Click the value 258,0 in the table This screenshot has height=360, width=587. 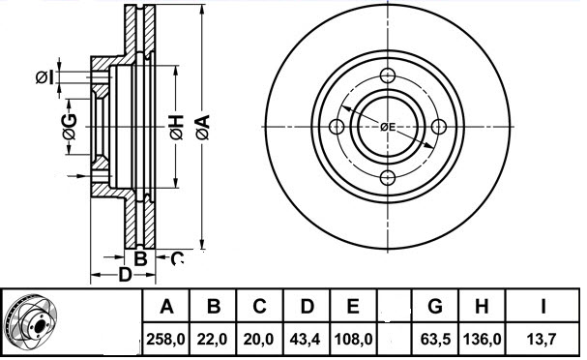coord(165,340)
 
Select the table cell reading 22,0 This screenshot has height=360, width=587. coord(213,340)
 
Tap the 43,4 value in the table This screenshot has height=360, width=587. coord(306,340)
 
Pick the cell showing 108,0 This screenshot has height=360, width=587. coord(353,340)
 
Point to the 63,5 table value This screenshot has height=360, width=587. coord(435,340)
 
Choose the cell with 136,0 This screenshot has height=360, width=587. coord(483,340)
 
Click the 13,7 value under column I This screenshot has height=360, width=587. coord(542,340)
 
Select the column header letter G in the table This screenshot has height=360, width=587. coord(435,306)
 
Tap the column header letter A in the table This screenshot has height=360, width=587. coord(166,306)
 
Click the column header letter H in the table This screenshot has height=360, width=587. coord(482,306)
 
